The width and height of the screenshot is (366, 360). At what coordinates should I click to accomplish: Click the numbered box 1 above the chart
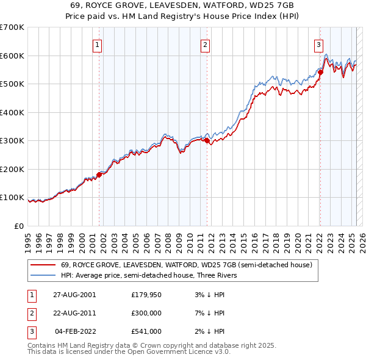[98, 45]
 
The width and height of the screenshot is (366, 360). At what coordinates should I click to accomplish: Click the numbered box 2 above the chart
[206, 45]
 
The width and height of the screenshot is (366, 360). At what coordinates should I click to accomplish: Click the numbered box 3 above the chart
[318, 45]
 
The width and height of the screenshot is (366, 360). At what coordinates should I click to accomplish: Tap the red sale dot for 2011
[207, 140]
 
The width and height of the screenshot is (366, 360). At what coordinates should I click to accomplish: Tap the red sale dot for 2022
[320, 72]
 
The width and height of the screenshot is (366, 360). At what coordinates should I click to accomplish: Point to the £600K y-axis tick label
[12, 56]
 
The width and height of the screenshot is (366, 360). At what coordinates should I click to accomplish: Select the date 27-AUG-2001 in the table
[74, 295]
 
